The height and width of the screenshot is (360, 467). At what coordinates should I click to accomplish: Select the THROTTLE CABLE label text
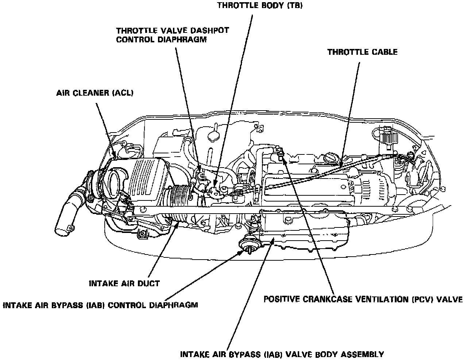pyautogui.click(x=362, y=52)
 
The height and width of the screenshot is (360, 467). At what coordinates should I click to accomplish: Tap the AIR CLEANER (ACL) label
pyautogui.click(x=95, y=93)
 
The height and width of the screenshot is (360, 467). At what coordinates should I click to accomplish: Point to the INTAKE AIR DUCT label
pyautogui.click(x=124, y=283)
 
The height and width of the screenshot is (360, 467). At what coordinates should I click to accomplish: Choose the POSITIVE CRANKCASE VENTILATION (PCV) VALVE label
pyautogui.click(x=363, y=300)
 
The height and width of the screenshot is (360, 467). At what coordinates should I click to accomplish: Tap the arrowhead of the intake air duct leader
pyautogui.click(x=178, y=223)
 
